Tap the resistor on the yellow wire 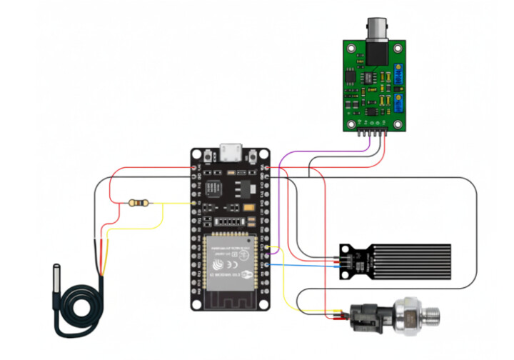click(x=139, y=204)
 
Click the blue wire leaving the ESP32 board click(x=300, y=265)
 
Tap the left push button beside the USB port click(x=208, y=155)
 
